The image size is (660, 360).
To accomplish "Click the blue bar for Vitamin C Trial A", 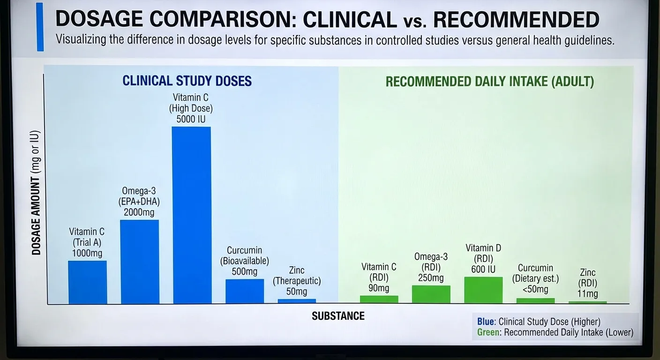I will pyautogui.click(x=87, y=282).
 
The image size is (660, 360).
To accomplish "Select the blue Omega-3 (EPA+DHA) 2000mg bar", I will pyautogui.click(x=140, y=262).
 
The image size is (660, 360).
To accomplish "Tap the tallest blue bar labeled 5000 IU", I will pyautogui.click(x=191, y=215).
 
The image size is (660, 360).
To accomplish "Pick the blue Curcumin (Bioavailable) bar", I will pyautogui.click(x=245, y=291).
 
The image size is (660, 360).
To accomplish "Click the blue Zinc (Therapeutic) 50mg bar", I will pyautogui.click(x=297, y=301).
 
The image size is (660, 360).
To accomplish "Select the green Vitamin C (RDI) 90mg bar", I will pyautogui.click(x=379, y=299).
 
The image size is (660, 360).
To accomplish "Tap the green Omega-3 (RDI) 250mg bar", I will pyautogui.click(x=431, y=294).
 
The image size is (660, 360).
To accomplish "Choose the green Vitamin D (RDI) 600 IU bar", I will pyautogui.click(x=483, y=290).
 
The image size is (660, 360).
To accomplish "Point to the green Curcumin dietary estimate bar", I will pyautogui.click(x=535, y=300).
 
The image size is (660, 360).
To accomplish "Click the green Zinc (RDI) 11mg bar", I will pyautogui.click(x=587, y=302).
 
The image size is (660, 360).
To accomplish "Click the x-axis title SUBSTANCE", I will pyautogui.click(x=338, y=316).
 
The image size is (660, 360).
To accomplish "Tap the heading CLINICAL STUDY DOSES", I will pyautogui.click(x=187, y=81).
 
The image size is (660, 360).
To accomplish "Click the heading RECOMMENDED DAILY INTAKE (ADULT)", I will pyautogui.click(x=490, y=82).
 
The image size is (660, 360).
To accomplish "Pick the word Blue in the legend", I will pyautogui.click(x=486, y=322).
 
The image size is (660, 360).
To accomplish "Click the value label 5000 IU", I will pyautogui.click(x=191, y=119).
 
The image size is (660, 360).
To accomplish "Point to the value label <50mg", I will pyautogui.click(x=535, y=289).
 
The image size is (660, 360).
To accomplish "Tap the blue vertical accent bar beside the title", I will pyautogui.click(x=40, y=27).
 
